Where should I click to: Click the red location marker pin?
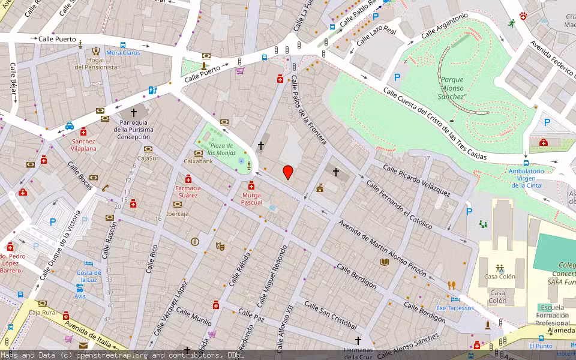pos(288,172)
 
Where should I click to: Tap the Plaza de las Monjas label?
pos(221,149)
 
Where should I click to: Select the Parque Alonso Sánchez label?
pos(452,88)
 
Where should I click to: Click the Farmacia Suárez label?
pos(187,191)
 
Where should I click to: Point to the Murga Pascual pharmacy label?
pos(251,199)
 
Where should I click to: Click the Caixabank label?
pos(198,161)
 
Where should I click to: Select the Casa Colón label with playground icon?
pos(500,277)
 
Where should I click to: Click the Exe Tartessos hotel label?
pos(454,308)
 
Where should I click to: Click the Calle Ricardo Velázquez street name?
pos(416,181)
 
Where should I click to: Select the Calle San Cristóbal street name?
pos(331,316)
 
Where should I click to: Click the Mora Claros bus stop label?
pos(123,53)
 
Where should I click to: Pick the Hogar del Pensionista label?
pos(96,64)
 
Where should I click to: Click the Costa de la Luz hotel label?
pos(89,277)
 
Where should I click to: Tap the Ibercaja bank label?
pos(178,214)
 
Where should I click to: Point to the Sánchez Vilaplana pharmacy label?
pos(83,145)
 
